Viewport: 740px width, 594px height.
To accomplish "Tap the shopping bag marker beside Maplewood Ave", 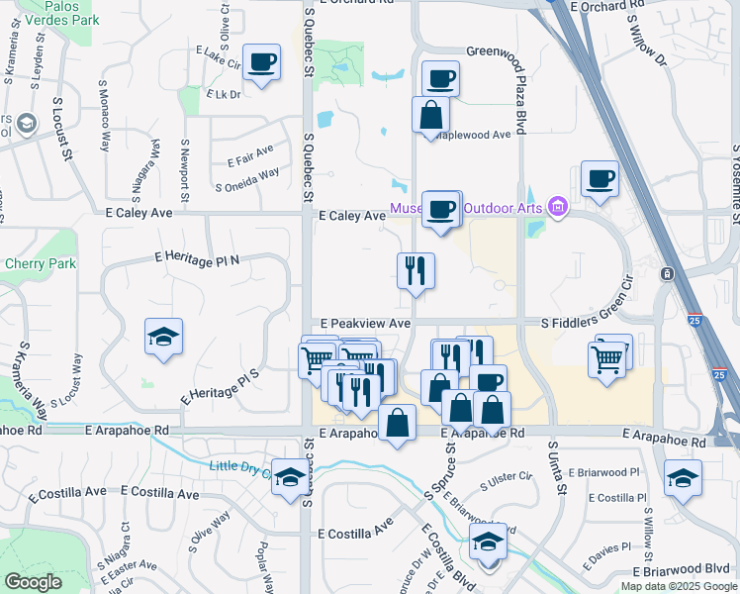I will click(x=431, y=114).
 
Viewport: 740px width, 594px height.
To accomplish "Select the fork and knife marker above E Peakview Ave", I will click(x=416, y=269).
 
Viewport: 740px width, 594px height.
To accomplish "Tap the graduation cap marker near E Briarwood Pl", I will click(x=683, y=478).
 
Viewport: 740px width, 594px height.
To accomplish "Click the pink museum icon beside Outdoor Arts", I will click(x=558, y=206).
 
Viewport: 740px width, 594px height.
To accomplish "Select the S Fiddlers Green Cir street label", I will click(x=598, y=323).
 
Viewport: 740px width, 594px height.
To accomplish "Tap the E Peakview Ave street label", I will click(x=365, y=324).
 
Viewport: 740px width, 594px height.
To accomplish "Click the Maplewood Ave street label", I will click(x=476, y=134).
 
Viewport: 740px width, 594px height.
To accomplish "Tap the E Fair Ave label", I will click(x=249, y=154).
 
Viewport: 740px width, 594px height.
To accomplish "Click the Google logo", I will click(x=33, y=582).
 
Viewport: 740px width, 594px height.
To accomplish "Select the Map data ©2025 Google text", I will click(x=678, y=586).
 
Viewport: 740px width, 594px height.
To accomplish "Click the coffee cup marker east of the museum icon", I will click(x=600, y=179).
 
